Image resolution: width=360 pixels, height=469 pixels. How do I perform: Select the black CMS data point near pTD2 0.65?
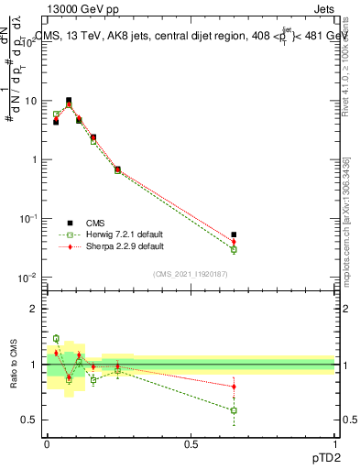tap(234, 235)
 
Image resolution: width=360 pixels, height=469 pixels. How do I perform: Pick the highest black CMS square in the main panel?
tap(69, 101)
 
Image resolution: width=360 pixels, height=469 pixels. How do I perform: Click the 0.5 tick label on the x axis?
tap(191, 444)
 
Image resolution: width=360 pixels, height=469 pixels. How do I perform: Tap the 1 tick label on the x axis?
tap(334, 444)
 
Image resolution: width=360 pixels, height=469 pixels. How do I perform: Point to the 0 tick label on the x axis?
tap(47, 444)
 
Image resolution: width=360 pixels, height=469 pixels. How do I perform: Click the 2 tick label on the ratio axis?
tap(34, 309)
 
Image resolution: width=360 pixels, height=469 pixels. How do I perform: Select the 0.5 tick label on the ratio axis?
tap(30, 420)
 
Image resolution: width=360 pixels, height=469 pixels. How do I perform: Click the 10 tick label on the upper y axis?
tap(30, 101)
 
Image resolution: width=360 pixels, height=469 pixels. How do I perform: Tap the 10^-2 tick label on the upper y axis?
tap(28, 278)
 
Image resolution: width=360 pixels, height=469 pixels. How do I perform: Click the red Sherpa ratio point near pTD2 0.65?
tap(234, 387)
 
